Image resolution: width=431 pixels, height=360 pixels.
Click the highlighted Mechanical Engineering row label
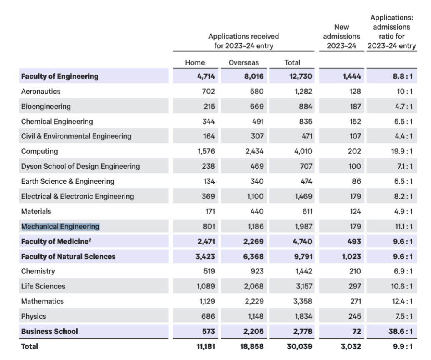(x=60, y=227)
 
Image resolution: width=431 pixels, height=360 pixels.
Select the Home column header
(x=195, y=62)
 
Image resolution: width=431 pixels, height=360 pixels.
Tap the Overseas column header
(x=244, y=62)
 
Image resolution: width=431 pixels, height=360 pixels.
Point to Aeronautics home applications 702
(x=208, y=91)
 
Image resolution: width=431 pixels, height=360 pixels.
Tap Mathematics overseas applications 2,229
(x=253, y=301)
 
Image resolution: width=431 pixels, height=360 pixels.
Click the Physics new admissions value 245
(x=355, y=316)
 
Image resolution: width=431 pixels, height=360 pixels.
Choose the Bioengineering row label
(x=46, y=106)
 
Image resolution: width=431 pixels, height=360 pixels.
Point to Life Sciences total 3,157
(x=303, y=286)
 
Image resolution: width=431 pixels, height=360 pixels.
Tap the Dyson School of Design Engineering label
(x=80, y=166)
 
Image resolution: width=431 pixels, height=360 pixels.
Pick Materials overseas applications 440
(x=257, y=211)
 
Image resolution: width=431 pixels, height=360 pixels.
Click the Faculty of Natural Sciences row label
(x=68, y=256)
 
